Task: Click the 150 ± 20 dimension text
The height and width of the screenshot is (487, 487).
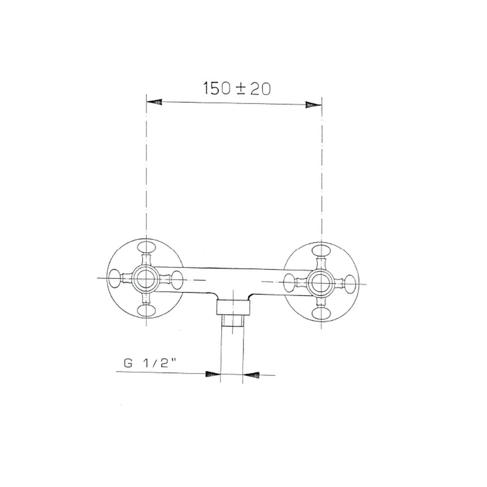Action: pyautogui.click(x=237, y=89)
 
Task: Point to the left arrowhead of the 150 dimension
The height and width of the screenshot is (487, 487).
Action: pyautogui.click(x=154, y=102)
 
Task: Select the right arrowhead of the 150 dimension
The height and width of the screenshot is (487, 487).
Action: pyautogui.click(x=313, y=105)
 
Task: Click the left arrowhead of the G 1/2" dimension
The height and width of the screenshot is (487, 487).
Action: pyautogui.click(x=213, y=374)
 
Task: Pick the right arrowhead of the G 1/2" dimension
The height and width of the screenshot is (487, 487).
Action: pyautogui.click(x=251, y=375)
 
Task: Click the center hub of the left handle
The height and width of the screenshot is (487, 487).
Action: pyautogui.click(x=146, y=278)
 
